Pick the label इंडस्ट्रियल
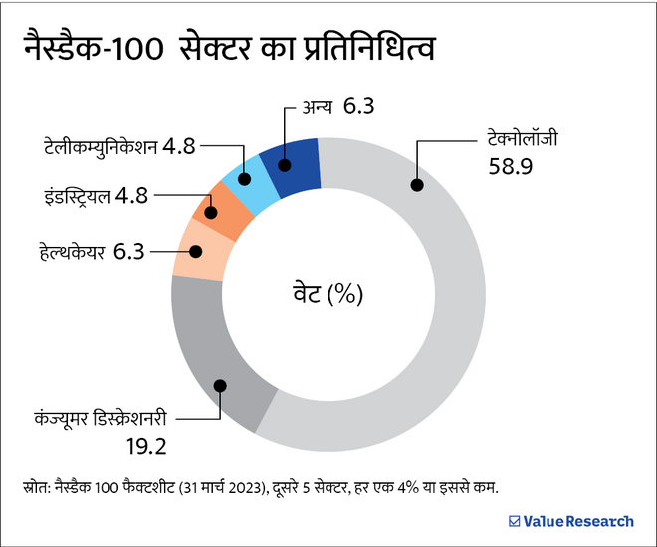tap(69, 195)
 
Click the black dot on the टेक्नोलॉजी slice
tap(416, 184)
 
